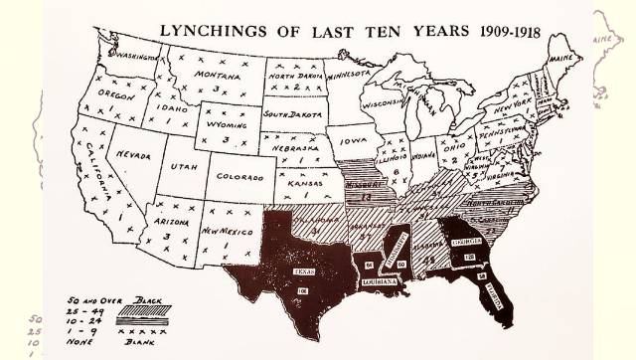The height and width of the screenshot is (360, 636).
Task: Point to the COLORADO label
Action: click(x=241, y=178)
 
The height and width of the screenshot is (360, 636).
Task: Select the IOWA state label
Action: click(x=351, y=141)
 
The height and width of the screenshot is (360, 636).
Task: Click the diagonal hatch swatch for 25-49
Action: click(x=137, y=309)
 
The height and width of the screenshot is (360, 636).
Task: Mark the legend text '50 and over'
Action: click(x=74, y=298)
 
